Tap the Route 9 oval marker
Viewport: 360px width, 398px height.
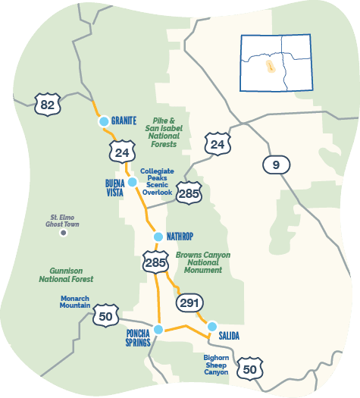(x=276, y=164)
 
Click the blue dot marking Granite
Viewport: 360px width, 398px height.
(x=104, y=121)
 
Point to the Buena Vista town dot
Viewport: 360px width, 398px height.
(x=132, y=182)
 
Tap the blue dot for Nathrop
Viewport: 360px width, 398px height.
(x=158, y=237)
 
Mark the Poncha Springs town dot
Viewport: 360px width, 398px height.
(x=158, y=329)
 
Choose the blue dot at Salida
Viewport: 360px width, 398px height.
(x=212, y=326)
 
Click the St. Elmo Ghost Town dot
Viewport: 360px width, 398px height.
(x=64, y=233)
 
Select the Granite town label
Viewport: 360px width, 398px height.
(x=124, y=121)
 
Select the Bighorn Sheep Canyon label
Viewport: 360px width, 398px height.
(x=216, y=364)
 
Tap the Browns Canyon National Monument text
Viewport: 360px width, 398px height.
(x=202, y=262)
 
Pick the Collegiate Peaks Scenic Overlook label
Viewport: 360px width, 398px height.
(x=157, y=181)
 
